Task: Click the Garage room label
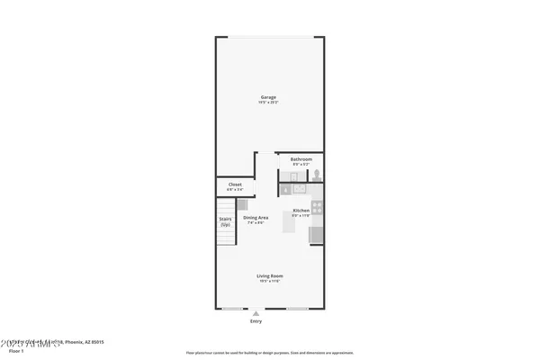pyautogui.click(x=268, y=97)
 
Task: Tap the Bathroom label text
pyautogui.click(x=301, y=159)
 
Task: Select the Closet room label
pyautogui.click(x=235, y=184)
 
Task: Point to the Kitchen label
pyautogui.click(x=301, y=211)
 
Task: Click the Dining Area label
pyautogui.click(x=256, y=217)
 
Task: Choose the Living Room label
pyautogui.click(x=269, y=276)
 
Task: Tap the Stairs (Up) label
pyautogui.click(x=226, y=220)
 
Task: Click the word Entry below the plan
pyautogui.click(x=256, y=320)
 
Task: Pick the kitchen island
pyautogui.click(x=288, y=223)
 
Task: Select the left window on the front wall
pyautogui.click(x=236, y=309)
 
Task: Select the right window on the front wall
pyautogui.click(x=299, y=309)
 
